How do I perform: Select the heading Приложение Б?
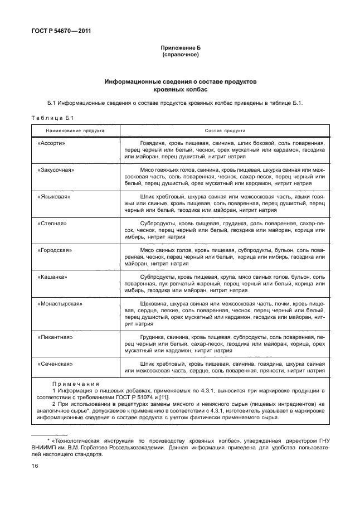point(180,49)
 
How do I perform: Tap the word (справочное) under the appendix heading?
point(180,56)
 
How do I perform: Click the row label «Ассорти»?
point(51,143)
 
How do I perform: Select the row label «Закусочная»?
point(56,169)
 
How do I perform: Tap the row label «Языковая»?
point(53,197)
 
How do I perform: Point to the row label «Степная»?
point(52,224)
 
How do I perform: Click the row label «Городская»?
point(55,250)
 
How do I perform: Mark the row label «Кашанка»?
point(52,277)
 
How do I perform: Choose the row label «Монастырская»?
point(60,304)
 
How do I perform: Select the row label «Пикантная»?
point(55,337)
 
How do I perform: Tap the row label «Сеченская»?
point(55,364)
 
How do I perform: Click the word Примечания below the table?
point(75,384)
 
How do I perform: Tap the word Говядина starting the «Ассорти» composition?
point(153,143)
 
